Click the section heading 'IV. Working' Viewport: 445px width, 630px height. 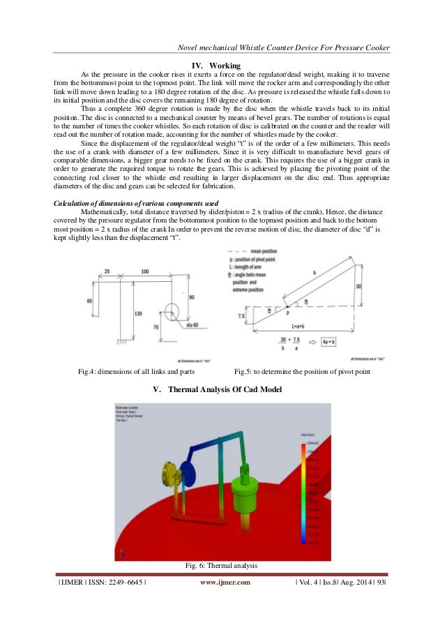coord(221,66)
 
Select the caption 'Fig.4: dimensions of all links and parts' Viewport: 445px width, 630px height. coord(136,372)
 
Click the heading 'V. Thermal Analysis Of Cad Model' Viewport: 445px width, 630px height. coord(222,389)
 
